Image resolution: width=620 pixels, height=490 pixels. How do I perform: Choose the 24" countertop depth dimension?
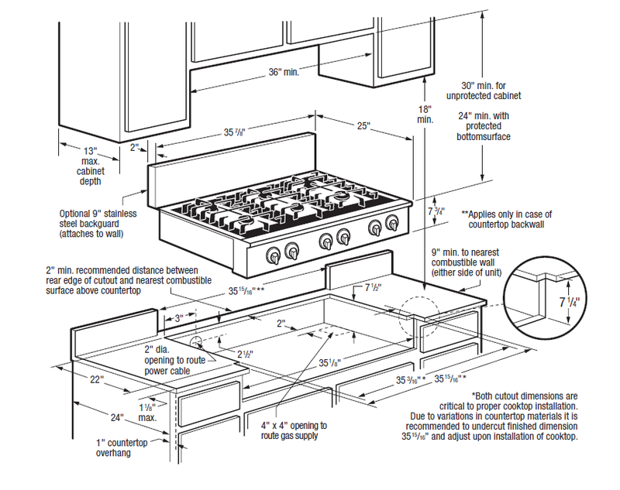pos(118,417)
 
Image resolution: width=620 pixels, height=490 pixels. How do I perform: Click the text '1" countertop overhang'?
pos(113,447)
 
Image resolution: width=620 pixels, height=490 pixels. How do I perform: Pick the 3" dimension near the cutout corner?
pos(177,317)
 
